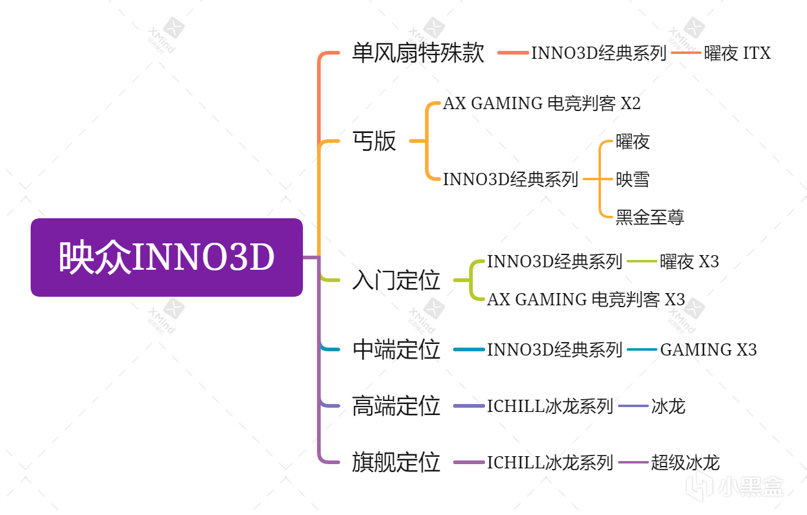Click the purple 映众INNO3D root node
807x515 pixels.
[x=167, y=257]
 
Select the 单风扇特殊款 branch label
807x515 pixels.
[x=418, y=53]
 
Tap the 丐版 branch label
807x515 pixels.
[x=374, y=142]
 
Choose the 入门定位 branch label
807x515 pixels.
[x=396, y=280]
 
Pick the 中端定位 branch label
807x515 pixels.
[x=396, y=349]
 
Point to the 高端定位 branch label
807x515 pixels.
[x=396, y=406]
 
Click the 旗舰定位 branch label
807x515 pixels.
[x=396, y=462]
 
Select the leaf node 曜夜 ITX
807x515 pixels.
[x=737, y=53]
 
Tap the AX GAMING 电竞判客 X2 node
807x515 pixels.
[x=541, y=104]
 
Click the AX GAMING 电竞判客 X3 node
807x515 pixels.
[x=586, y=299]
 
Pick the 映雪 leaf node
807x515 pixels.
[x=632, y=180]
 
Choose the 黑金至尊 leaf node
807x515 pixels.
[x=649, y=217]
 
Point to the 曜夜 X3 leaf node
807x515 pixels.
[x=689, y=262]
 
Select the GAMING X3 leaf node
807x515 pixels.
[x=708, y=349]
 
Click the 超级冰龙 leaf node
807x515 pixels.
[x=685, y=462]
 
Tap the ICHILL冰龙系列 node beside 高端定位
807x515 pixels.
[x=550, y=406]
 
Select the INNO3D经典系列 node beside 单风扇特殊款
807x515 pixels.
[x=599, y=53]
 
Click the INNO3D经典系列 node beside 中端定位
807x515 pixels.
[x=554, y=349]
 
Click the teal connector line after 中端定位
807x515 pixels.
[x=469, y=349]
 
